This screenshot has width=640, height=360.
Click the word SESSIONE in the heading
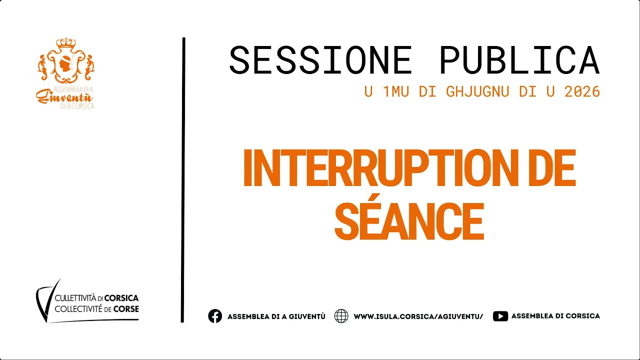coord(320,60)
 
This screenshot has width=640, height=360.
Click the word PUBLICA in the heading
coord(519,60)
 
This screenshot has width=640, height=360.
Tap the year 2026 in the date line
coord(582,91)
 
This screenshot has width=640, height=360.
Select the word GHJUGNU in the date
coord(477,91)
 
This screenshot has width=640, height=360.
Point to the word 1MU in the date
coord(395,91)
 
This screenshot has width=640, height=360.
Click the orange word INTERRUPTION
coord(380,168)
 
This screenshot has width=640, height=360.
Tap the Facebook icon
coord(215,316)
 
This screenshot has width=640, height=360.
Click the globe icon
coord(341,316)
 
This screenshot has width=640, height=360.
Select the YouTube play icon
coord(500,316)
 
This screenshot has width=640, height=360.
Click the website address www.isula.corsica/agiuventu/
coord(418,316)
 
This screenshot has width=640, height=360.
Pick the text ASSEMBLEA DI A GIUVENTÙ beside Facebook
coord(276,316)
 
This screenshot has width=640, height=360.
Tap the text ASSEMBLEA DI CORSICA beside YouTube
coord(555,316)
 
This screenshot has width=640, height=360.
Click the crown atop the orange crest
coord(66,43)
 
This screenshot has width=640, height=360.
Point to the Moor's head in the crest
coord(66,65)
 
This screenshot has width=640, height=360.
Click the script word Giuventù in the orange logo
coord(64,97)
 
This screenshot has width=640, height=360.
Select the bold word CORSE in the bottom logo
coord(126,309)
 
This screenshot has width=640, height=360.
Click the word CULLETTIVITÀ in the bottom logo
coord(75,298)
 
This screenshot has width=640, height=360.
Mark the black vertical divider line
coord(183,180)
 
